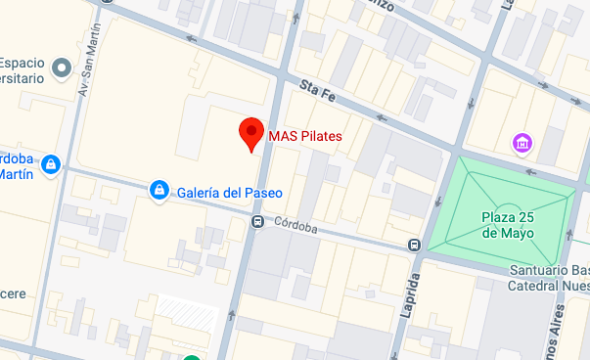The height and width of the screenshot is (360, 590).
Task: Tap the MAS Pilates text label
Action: click(305, 136)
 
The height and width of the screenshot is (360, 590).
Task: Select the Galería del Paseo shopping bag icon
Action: click(158, 188)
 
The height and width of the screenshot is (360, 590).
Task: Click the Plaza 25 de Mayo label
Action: click(508, 225)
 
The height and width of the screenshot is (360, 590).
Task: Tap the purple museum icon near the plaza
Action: click(523, 145)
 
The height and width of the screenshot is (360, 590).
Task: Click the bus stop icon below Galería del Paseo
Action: click(257, 221)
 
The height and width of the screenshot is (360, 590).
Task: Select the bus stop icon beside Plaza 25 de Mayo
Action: click(415, 245)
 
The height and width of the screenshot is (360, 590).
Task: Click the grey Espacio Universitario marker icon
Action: click(62, 67)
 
